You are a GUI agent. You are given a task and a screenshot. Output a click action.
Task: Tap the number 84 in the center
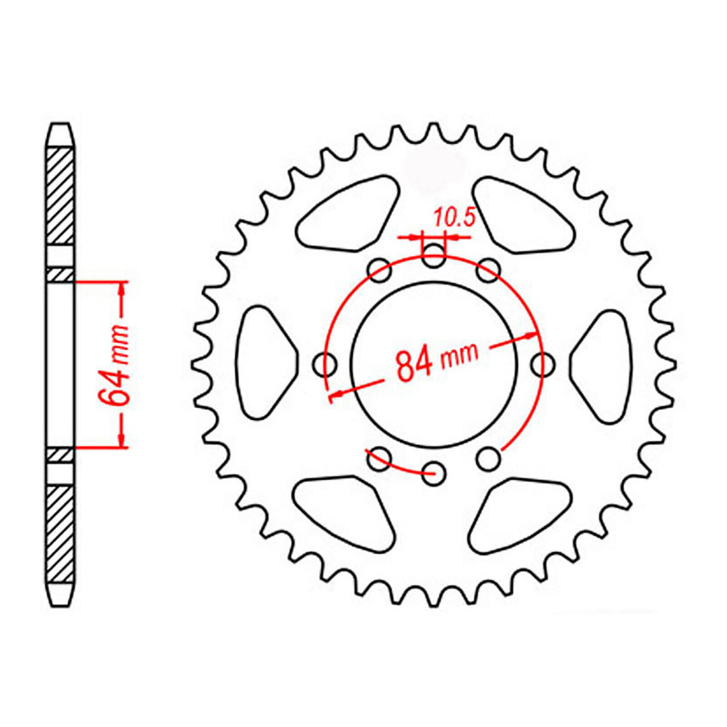coord(415,364)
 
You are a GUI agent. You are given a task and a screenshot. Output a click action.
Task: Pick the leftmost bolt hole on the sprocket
coord(327,366)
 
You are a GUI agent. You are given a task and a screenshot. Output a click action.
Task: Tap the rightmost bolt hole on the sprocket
coord(542,364)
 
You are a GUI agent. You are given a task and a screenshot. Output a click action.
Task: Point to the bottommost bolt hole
coord(435,471)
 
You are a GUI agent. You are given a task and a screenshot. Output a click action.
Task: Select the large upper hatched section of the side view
coord(61,195)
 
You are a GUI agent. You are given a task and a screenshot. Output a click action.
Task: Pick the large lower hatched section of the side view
coord(61,532)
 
